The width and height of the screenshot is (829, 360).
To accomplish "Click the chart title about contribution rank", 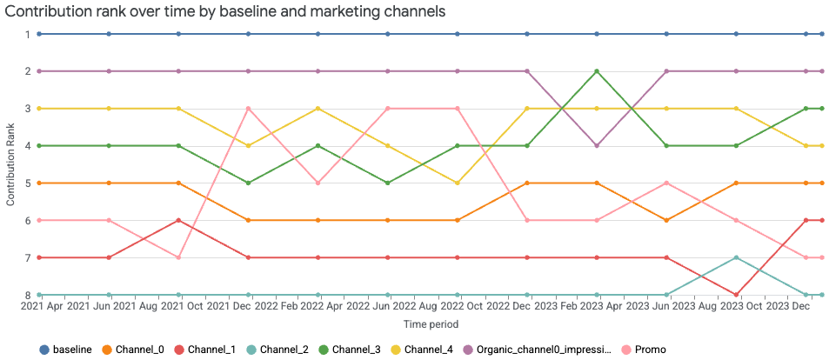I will click(x=225, y=12).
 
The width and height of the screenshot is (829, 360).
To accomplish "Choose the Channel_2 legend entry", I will click(x=284, y=350).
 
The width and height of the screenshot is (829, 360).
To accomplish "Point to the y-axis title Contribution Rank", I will click(x=10, y=164).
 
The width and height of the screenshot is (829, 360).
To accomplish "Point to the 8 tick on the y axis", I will click(x=27, y=296).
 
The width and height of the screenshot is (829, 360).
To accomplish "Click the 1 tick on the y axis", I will click(x=27, y=34).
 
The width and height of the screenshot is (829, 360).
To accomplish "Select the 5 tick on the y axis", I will click(x=27, y=183).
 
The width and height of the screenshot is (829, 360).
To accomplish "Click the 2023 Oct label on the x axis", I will click(x=739, y=308).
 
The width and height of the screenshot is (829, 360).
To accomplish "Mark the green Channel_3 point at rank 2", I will click(x=597, y=71).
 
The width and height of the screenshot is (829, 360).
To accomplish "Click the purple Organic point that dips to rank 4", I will click(x=597, y=146).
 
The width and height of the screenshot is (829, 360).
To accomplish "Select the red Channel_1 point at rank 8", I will click(x=737, y=296).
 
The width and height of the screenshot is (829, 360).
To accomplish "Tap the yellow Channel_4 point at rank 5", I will click(x=458, y=183).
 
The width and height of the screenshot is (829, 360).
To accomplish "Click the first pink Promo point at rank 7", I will click(x=178, y=258).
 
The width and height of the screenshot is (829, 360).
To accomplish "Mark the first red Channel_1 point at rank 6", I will click(x=178, y=221).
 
